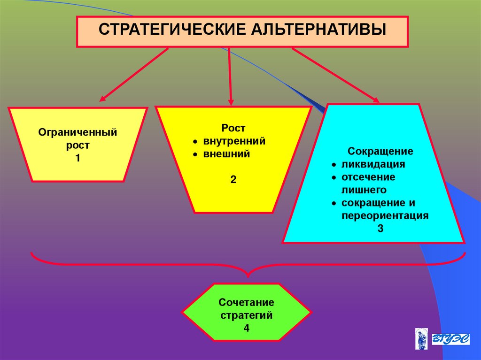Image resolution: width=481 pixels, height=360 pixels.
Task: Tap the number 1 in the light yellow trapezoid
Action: tap(78, 158)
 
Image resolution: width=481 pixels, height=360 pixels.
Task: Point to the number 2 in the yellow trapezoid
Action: tap(233, 179)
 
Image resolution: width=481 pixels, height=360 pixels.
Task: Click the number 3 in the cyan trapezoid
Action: tap(380, 229)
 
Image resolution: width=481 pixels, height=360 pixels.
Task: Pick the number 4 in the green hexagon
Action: tap(246, 328)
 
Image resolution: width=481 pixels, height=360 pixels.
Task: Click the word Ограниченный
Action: tap(78, 133)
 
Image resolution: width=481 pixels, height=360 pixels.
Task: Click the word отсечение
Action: tap(368, 177)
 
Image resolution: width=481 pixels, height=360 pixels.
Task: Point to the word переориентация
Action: tap(385, 216)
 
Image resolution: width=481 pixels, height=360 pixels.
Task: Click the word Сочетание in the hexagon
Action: tap(246, 303)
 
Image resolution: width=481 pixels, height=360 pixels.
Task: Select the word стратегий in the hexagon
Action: tap(246, 315)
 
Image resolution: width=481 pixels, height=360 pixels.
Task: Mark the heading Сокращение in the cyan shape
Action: tap(380, 152)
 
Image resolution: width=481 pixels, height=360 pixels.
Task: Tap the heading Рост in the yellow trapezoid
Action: tap(233, 128)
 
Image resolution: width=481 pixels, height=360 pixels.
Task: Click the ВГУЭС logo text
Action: tap(450, 339)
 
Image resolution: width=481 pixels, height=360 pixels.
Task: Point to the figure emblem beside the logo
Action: tap(421, 339)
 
